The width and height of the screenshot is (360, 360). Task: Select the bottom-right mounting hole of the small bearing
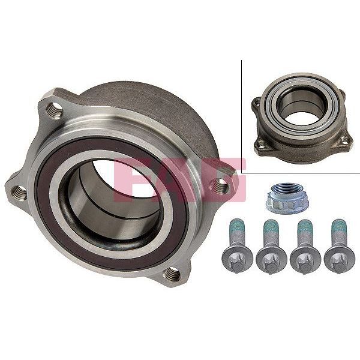coord(344,141)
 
